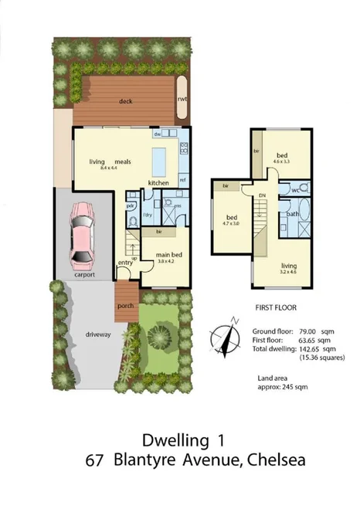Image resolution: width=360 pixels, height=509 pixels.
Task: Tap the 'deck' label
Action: [127, 101]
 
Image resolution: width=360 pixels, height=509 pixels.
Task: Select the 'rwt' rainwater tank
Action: [183, 99]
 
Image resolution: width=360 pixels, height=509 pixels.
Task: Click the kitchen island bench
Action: [159, 161]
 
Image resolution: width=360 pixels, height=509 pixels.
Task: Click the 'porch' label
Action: [126, 306]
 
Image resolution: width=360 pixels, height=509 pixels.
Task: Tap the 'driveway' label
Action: [98, 334]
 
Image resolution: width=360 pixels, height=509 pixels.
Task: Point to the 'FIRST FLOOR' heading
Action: [276, 307]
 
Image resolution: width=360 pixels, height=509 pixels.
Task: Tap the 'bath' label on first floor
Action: [293, 213]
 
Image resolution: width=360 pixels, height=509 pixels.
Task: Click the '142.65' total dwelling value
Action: [310, 348]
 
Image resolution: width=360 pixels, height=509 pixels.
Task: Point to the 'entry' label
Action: [126, 263]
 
